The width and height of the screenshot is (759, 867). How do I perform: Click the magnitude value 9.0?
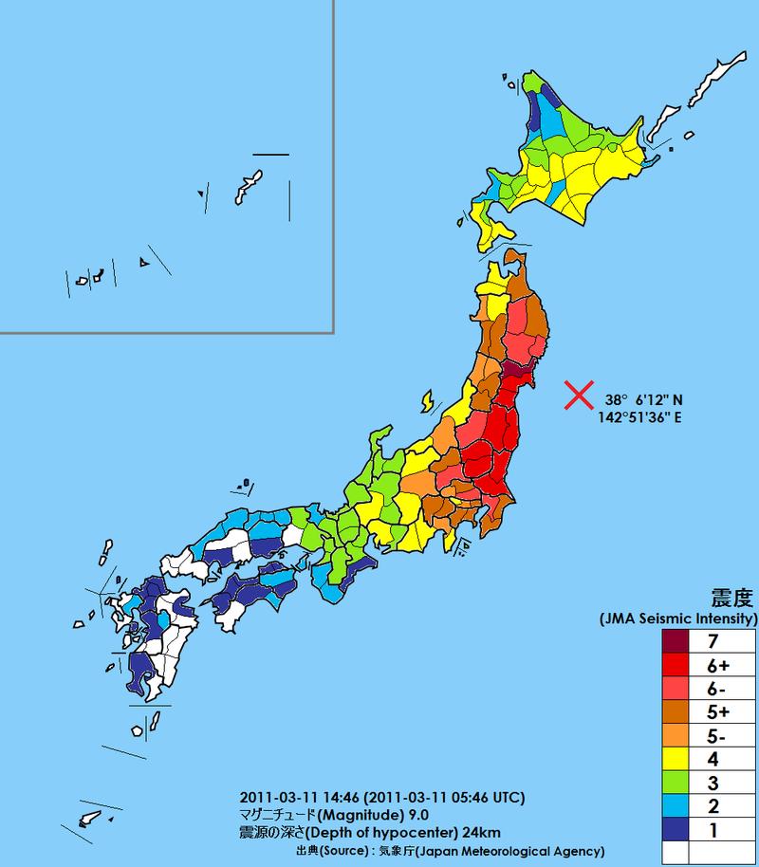[x=418, y=815]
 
